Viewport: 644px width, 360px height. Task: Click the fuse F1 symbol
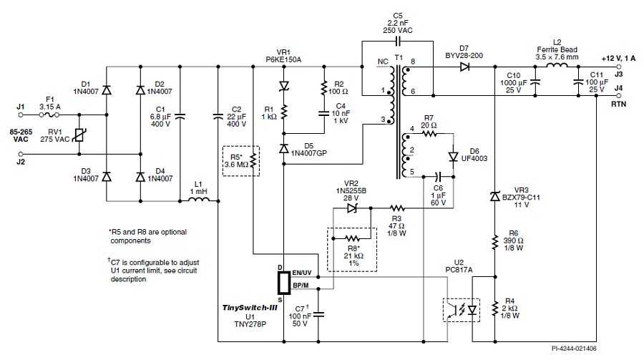49,115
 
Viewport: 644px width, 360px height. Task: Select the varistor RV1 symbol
79,135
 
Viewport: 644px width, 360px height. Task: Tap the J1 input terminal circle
21,115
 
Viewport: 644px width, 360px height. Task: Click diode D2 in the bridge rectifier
140,89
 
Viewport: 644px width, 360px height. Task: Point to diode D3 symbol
107,177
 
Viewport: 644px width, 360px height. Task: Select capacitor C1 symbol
180,117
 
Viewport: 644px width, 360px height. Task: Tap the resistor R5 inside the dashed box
253,161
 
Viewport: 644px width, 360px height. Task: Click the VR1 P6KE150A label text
283,57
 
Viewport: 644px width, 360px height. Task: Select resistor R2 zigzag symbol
324,88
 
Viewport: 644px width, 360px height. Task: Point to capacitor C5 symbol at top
398,41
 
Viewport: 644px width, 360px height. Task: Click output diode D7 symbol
465,67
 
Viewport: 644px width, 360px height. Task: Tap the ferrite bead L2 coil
557,65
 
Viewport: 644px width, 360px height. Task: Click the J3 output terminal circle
619,67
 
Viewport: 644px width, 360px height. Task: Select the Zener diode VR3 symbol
495,196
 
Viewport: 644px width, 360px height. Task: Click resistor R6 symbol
495,243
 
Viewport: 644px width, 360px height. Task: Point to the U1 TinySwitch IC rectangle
284,283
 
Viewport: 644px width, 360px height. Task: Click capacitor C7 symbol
318,314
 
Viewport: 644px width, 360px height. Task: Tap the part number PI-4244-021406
574,349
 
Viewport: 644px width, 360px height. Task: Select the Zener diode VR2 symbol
352,208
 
